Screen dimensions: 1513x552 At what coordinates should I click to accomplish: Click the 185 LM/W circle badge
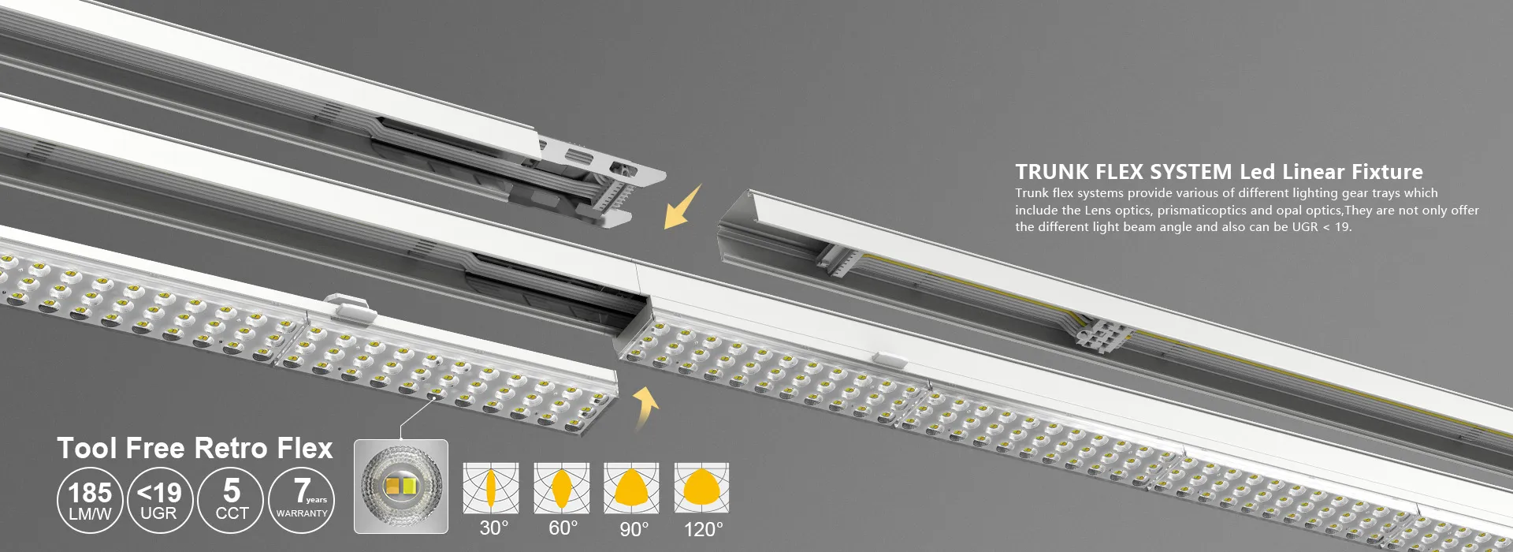click(90, 501)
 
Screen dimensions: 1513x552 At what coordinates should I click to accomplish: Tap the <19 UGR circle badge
click(159, 501)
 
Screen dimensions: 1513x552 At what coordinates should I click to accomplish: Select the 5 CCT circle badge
click(231, 501)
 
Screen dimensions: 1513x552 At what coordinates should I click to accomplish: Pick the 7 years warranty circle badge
click(302, 501)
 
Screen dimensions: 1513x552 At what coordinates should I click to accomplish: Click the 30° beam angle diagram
click(490, 488)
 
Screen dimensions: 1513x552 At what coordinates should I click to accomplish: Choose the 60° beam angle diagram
click(561, 488)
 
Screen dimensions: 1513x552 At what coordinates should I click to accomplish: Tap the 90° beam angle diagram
click(631, 488)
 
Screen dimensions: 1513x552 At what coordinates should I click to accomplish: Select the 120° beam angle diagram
click(701, 488)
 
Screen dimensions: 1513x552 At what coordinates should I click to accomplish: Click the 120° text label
click(703, 529)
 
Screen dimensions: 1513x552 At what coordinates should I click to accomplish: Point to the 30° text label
click(494, 528)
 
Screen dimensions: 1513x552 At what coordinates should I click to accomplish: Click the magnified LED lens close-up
click(401, 487)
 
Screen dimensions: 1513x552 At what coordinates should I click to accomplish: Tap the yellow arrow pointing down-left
click(682, 207)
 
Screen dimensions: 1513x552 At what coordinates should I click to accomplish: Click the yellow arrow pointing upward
click(646, 408)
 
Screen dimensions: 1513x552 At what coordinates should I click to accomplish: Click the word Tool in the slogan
click(87, 448)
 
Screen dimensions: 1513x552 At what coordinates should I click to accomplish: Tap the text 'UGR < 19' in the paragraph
click(1322, 227)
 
